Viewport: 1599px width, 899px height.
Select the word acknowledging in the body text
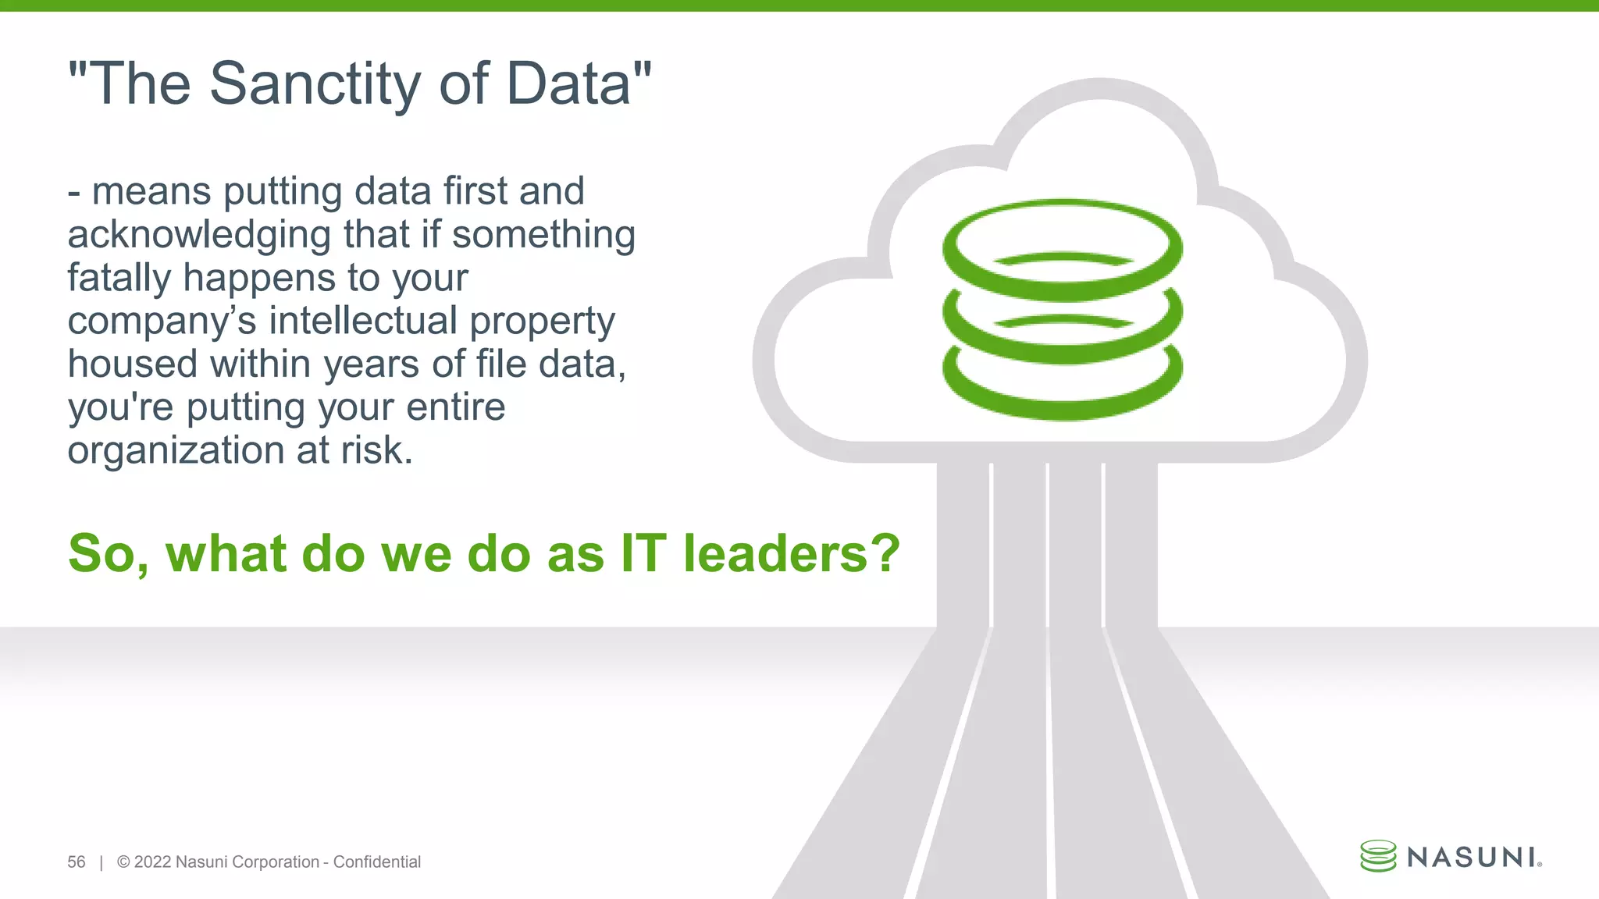[x=200, y=236]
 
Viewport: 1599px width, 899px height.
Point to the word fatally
[x=118, y=278]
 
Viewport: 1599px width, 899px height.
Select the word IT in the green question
[x=643, y=553]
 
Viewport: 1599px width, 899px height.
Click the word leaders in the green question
[x=774, y=553]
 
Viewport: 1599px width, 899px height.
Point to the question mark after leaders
[x=885, y=553]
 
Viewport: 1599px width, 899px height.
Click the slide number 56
[x=77, y=862]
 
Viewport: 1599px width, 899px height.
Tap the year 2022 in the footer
[x=152, y=862]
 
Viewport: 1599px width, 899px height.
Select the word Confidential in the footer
[x=377, y=862]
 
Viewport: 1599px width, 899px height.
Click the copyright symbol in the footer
[x=123, y=862]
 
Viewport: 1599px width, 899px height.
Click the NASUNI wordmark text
[x=1472, y=858]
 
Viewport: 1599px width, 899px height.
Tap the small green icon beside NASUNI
[x=1378, y=856]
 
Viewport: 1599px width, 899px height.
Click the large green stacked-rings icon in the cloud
[x=1062, y=310]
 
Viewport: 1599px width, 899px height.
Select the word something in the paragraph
[x=543, y=235]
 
